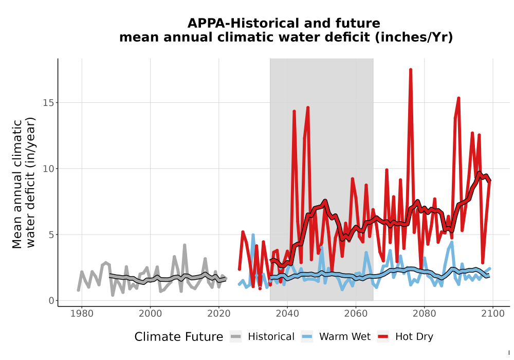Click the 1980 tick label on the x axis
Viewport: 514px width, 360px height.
(x=82, y=314)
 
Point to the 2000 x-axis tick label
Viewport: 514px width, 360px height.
(x=150, y=314)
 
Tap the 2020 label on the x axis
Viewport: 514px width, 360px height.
(x=218, y=314)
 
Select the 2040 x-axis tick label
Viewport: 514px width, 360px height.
(x=287, y=314)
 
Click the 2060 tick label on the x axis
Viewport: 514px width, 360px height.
(x=356, y=314)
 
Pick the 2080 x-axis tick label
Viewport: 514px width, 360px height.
(x=424, y=314)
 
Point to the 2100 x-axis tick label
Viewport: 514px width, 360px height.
(x=493, y=314)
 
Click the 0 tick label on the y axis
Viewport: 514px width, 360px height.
(x=51, y=301)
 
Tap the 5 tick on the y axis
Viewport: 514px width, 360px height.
(x=51, y=235)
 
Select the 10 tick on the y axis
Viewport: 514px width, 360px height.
(x=48, y=169)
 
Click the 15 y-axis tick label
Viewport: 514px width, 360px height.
(x=48, y=103)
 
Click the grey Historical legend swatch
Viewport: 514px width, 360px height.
(x=235, y=337)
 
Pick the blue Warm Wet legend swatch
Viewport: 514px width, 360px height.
(x=307, y=337)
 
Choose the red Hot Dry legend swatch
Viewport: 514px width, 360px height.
(x=383, y=337)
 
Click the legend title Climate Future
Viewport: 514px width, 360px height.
(x=179, y=337)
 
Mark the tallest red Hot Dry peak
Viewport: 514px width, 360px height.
(x=410, y=69)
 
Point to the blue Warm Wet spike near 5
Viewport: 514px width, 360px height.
(x=253, y=235)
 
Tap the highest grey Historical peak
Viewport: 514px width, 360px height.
(x=185, y=245)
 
